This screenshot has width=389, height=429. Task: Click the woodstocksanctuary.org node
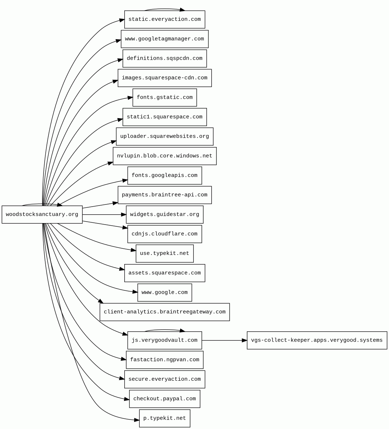(x=42, y=215)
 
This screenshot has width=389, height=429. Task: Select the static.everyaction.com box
(x=165, y=19)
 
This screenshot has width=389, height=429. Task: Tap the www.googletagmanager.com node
(x=165, y=39)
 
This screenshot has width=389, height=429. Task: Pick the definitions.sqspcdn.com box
(x=165, y=59)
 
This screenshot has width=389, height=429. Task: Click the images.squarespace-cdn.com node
(x=165, y=78)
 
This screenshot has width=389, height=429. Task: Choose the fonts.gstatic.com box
(x=165, y=98)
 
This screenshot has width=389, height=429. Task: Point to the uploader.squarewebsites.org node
(x=165, y=136)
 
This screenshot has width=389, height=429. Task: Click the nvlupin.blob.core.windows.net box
(x=165, y=156)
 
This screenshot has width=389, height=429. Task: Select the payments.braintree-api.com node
(x=165, y=195)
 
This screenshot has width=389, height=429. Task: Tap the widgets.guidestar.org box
(x=165, y=215)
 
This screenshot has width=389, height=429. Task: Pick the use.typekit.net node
(x=165, y=253)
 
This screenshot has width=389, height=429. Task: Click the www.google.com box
(x=165, y=293)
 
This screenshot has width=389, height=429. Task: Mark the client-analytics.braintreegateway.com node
(x=165, y=312)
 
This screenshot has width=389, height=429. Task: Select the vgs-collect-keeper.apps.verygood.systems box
(x=317, y=340)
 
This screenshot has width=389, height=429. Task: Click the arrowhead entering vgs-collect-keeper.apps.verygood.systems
(x=245, y=340)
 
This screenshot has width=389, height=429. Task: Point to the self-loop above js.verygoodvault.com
(x=165, y=330)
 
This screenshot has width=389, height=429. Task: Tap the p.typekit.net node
(x=165, y=418)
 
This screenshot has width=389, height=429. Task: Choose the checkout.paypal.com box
(x=165, y=399)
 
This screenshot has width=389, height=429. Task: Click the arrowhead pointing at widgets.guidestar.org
(x=124, y=215)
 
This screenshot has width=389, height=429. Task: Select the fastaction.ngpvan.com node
(x=165, y=360)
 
